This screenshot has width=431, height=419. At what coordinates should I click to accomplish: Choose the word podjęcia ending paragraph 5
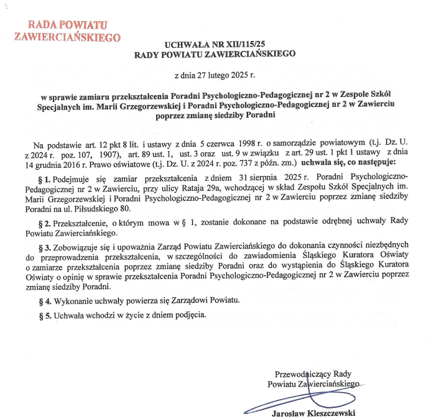tap(184, 315)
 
